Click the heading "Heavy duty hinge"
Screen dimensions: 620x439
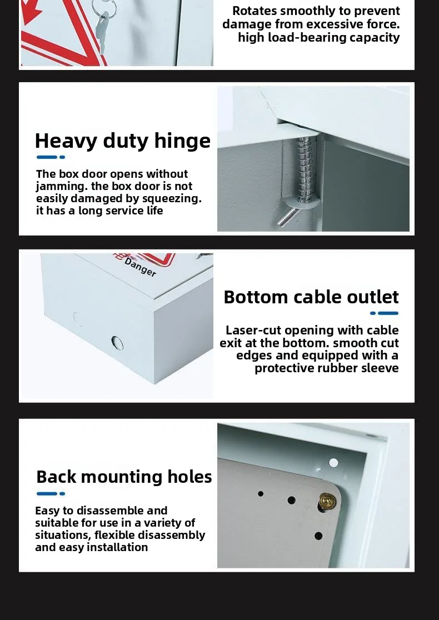click(122, 141)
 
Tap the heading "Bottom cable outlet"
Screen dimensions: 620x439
click(311, 297)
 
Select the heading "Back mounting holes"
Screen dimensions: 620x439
click(124, 477)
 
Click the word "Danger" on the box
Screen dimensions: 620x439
click(140, 267)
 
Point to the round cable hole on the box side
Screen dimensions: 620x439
click(117, 342)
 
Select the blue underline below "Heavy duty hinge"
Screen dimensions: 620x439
click(51, 157)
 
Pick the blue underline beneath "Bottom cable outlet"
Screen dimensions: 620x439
click(385, 313)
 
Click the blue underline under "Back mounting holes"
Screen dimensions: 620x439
click(51, 493)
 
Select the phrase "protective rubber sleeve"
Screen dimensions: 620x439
click(327, 368)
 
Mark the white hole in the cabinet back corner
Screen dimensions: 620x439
click(333, 462)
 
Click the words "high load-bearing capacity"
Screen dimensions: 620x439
click(319, 37)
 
